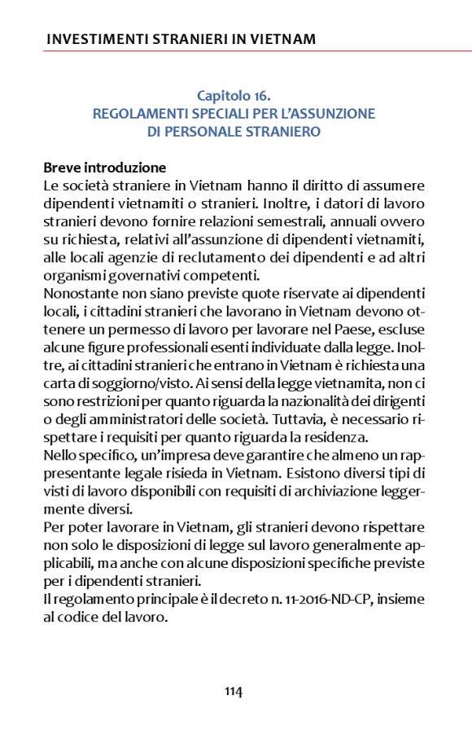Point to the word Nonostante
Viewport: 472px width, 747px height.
(x=79, y=293)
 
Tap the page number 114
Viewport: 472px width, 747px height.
(x=234, y=692)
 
